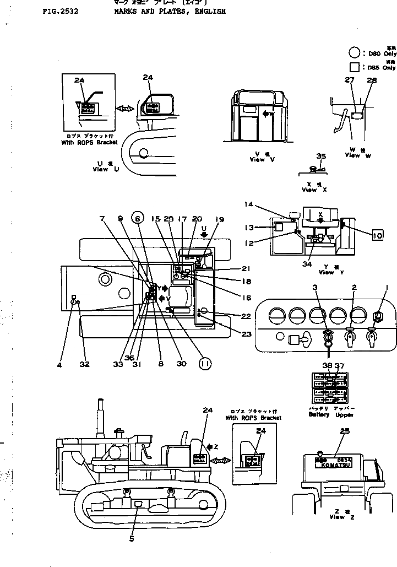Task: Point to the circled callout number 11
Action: (204, 364)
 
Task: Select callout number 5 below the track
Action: (132, 538)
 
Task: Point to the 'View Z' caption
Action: (337, 517)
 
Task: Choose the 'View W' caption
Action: (358, 155)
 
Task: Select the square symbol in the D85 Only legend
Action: (355, 67)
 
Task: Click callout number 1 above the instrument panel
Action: (387, 287)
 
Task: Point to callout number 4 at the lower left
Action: (59, 364)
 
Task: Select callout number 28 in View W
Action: (372, 80)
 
